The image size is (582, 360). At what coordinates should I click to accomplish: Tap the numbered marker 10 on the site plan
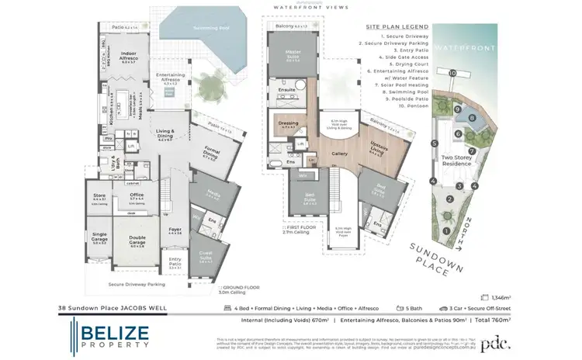452,73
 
